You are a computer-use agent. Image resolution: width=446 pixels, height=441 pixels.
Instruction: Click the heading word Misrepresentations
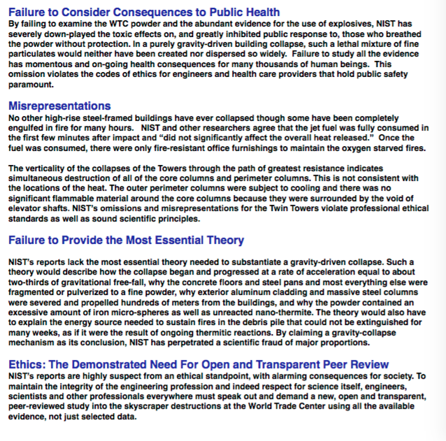click(x=59, y=106)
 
